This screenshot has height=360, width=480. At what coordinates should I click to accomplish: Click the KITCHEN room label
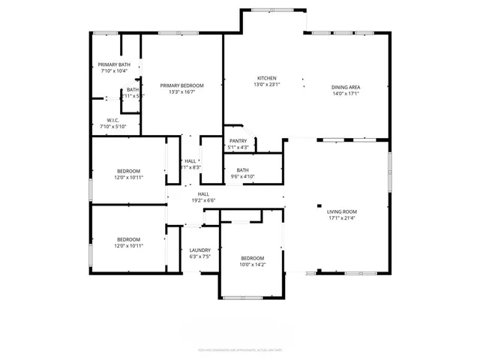pos(268,79)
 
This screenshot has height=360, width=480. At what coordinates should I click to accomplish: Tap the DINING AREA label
pos(346,88)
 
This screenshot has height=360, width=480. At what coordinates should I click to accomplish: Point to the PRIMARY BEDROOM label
pos(181,85)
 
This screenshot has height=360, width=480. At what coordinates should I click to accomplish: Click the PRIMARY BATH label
pos(114,64)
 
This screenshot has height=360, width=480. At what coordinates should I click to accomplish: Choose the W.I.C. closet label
pos(113,120)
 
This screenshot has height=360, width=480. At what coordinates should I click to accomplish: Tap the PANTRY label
pos(238,141)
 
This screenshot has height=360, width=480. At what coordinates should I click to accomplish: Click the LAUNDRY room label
pos(199,250)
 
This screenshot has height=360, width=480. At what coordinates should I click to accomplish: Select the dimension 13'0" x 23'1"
pos(268,85)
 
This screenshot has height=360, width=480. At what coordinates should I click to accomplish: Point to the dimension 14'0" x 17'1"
pos(346,94)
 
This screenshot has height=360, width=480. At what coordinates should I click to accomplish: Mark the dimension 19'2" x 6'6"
pos(203,200)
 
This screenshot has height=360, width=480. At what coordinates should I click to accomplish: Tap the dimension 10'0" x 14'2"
pos(252,264)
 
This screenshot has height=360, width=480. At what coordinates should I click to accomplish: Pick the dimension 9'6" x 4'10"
pos(242,176)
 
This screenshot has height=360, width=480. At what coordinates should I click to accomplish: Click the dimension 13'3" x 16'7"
pos(181,92)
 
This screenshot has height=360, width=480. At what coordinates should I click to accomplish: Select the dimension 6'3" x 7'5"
pos(199,256)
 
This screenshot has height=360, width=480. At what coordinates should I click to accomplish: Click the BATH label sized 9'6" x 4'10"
pos(242,170)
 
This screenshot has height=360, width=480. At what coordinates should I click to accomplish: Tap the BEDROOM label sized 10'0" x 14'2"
pos(252,257)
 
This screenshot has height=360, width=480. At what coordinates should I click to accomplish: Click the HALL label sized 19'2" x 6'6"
pos(203,193)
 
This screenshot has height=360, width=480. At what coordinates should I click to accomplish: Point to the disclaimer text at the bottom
pos(239,349)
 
